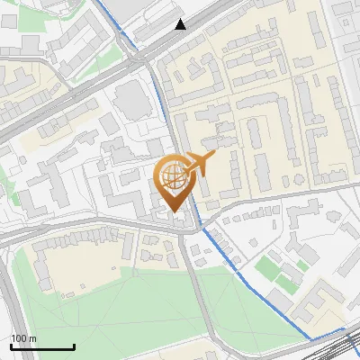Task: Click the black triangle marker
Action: click(181, 24)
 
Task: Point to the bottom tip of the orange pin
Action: click(175, 212)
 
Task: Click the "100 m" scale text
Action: click(24, 337)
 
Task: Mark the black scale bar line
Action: click(42, 346)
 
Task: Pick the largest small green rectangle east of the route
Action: click(266, 268)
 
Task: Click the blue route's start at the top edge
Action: click(95, 2)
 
